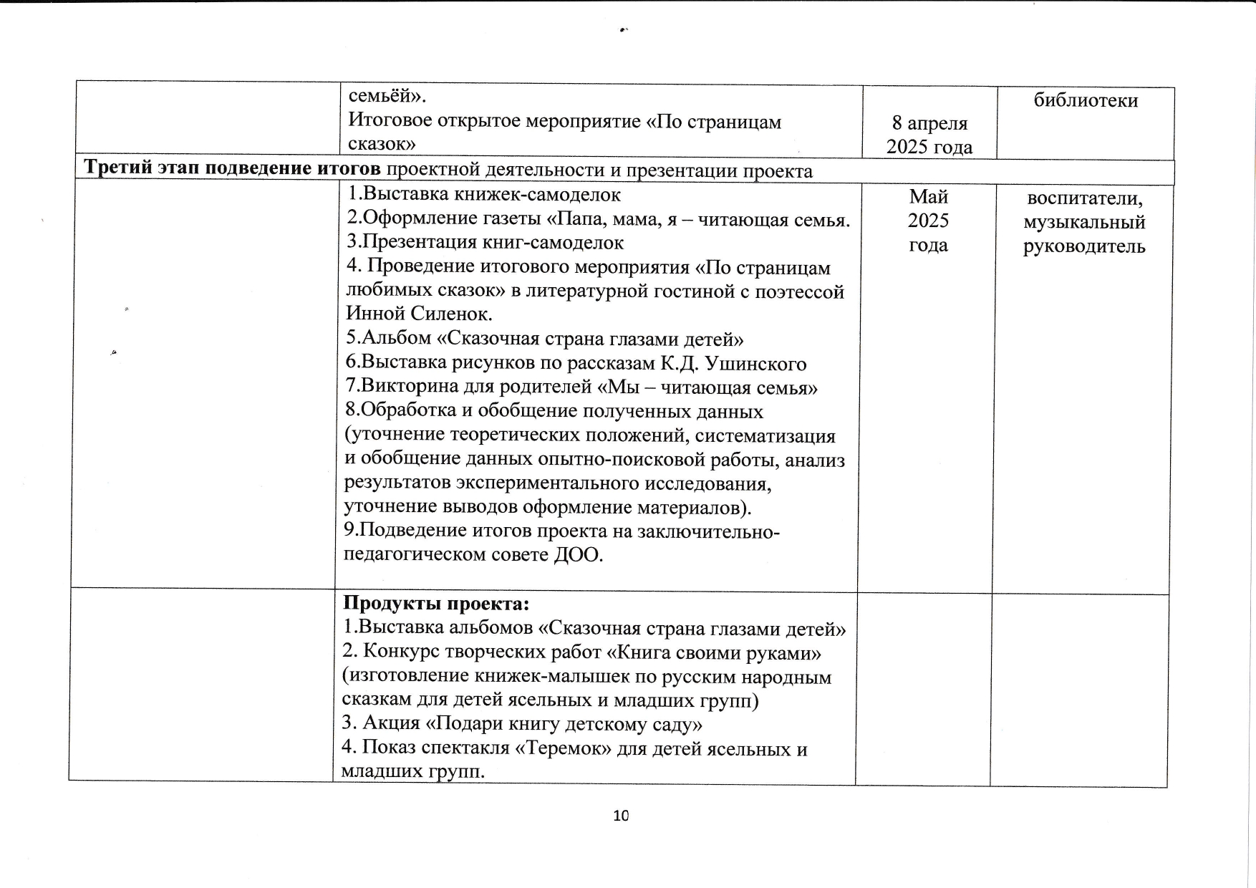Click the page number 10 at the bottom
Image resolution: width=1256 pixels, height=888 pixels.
click(x=621, y=815)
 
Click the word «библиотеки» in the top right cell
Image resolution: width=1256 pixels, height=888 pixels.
click(x=1086, y=100)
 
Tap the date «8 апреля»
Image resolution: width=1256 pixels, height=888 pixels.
click(x=929, y=123)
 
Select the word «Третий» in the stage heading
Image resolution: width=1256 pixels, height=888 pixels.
click(x=117, y=168)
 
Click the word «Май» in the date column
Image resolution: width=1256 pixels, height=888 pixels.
click(x=929, y=196)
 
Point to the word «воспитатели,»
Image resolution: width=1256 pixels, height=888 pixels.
click(x=1085, y=198)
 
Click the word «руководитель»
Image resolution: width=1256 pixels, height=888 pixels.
click(x=1085, y=247)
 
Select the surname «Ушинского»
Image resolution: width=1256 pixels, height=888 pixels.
click(x=756, y=364)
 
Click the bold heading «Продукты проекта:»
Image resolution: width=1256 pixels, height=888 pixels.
click(x=436, y=604)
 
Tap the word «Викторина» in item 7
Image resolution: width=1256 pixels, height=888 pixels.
click(x=407, y=387)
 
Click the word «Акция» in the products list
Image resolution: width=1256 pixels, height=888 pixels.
click(x=387, y=725)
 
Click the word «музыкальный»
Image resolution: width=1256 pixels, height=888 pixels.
click(x=1085, y=223)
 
